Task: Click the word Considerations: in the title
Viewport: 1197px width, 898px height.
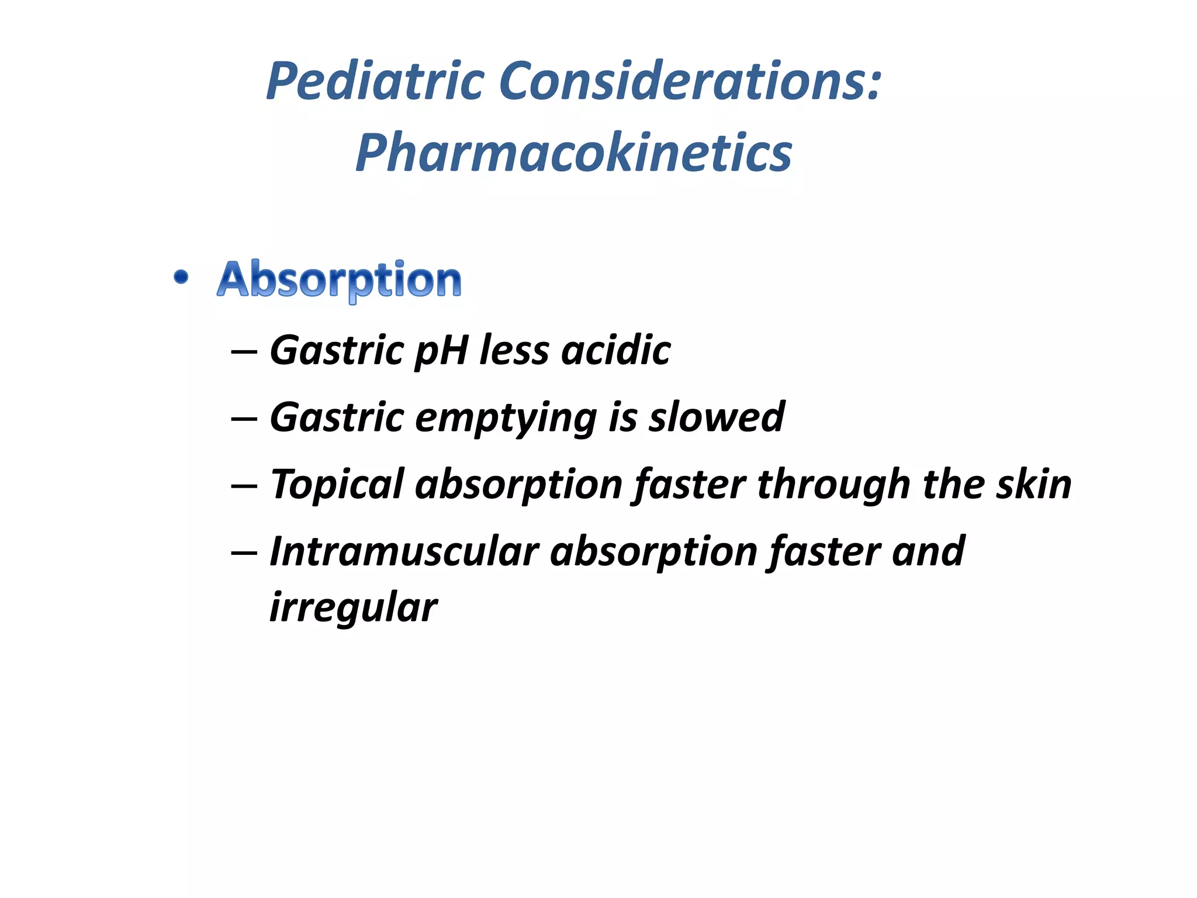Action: (x=690, y=81)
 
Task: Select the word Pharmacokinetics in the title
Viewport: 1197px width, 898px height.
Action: (x=573, y=153)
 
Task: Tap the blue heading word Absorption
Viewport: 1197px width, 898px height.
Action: (x=339, y=280)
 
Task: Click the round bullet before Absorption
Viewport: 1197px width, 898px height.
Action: (x=181, y=277)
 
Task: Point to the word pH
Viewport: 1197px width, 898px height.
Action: (x=441, y=351)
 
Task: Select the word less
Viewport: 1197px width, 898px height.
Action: (x=514, y=350)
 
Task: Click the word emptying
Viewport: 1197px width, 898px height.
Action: (x=506, y=419)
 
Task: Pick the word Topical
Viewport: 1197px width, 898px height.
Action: (x=337, y=485)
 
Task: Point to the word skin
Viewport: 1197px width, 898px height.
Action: (x=1034, y=485)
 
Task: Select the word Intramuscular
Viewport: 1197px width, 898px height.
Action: (x=404, y=552)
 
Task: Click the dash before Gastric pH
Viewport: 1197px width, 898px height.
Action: (x=244, y=352)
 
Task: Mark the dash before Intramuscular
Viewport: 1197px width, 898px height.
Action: (x=244, y=553)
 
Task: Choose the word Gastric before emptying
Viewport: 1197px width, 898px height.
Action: (x=337, y=419)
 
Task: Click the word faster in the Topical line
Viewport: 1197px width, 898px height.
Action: (x=690, y=485)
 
